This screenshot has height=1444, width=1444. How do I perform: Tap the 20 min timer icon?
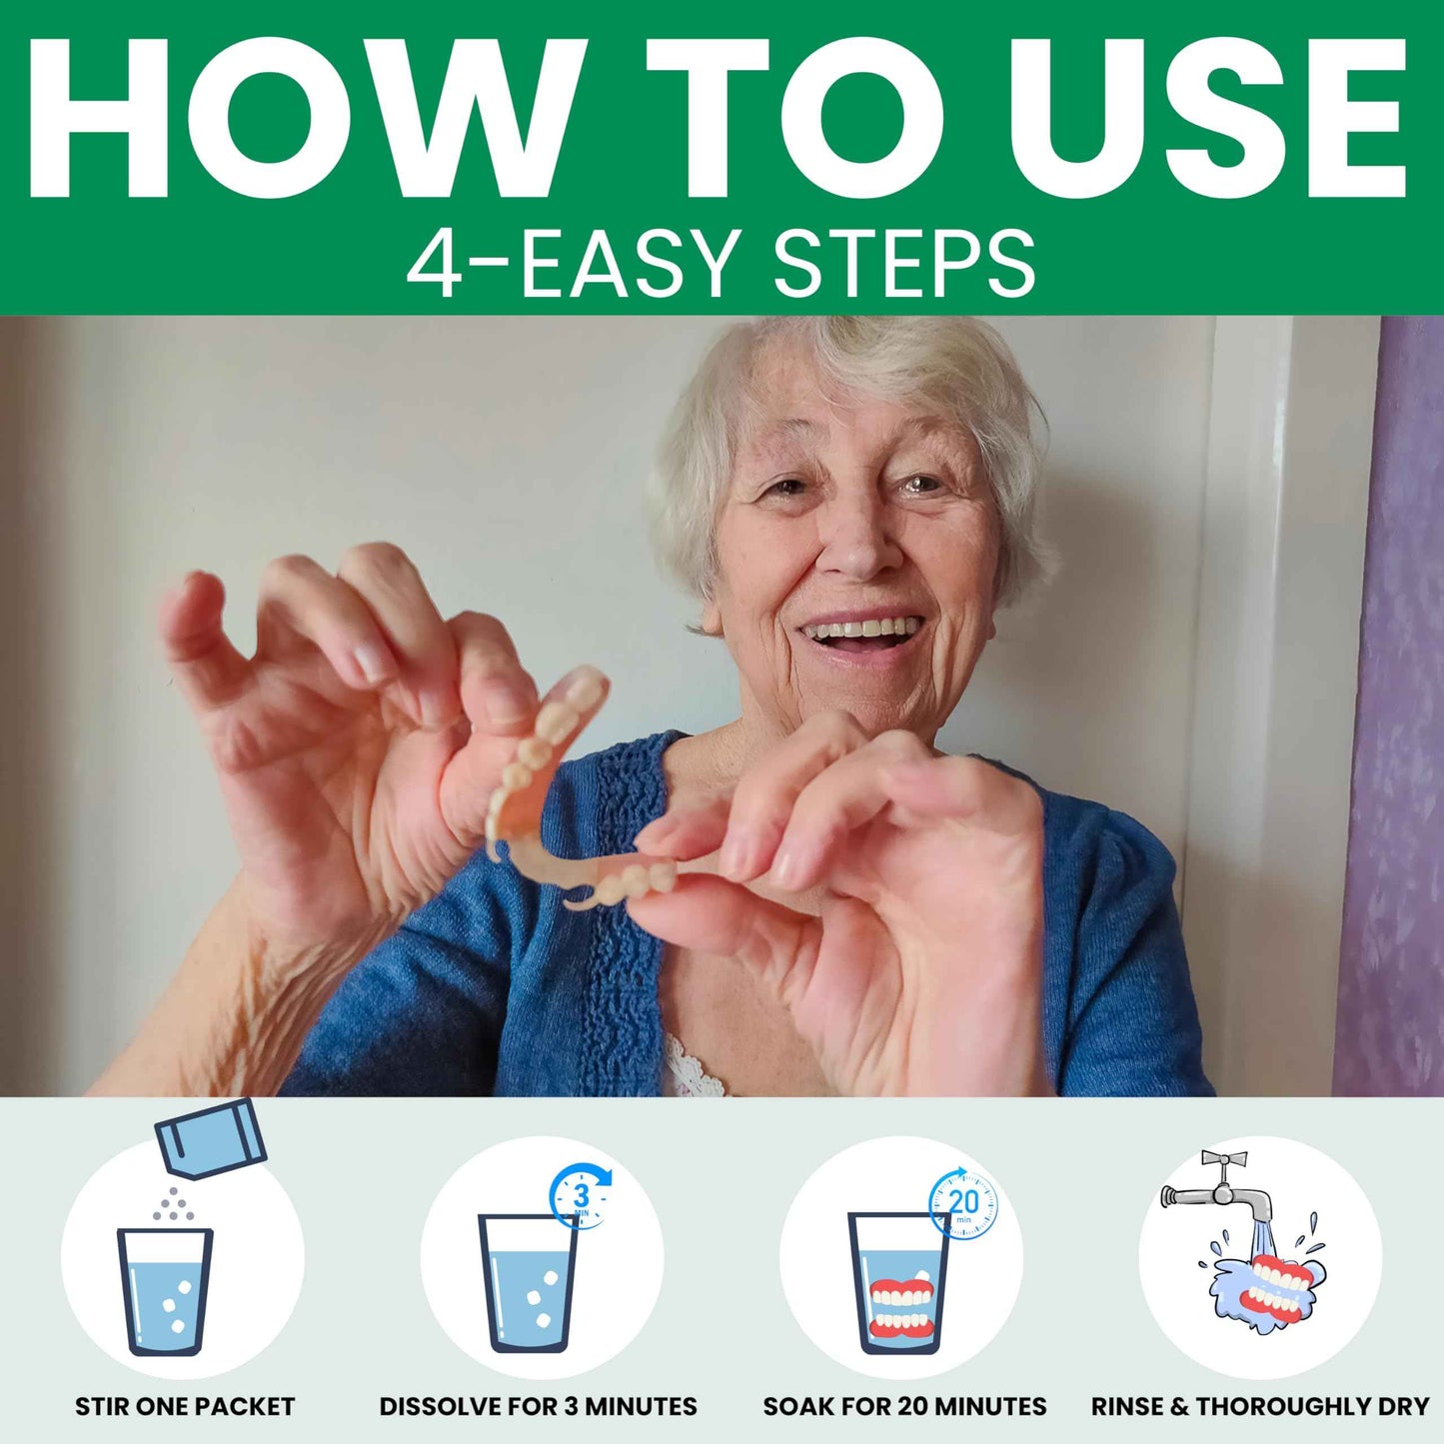tap(962, 1203)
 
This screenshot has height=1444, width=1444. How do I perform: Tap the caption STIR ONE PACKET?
tap(185, 1407)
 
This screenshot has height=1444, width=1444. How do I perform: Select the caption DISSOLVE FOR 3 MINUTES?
tap(538, 1407)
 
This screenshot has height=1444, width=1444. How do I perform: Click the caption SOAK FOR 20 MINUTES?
tap(904, 1407)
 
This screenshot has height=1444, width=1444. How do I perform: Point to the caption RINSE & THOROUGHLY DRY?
tap(1260, 1407)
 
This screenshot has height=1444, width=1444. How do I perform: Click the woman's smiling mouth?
tap(862, 634)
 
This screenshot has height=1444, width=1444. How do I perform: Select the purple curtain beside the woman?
tap(1394, 700)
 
